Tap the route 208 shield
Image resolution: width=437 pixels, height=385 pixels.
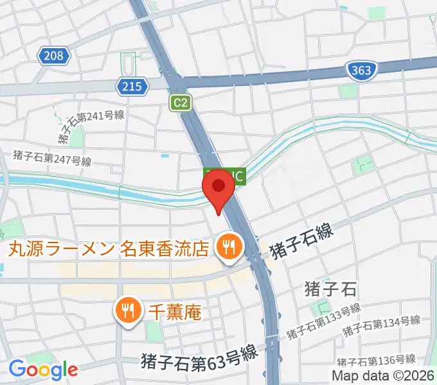[x=54, y=56]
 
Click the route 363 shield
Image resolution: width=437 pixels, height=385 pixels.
[x=362, y=70]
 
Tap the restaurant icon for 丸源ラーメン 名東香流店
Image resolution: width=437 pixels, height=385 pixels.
[x=227, y=246]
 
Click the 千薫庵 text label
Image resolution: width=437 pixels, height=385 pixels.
[x=175, y=312]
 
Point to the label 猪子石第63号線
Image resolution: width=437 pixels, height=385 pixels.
[x=199, y=354]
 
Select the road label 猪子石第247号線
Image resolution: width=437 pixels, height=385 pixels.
[x=52, y=158]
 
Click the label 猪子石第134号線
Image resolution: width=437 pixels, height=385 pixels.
[x=381, y=325]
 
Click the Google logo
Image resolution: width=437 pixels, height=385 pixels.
[x=42, y=369]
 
